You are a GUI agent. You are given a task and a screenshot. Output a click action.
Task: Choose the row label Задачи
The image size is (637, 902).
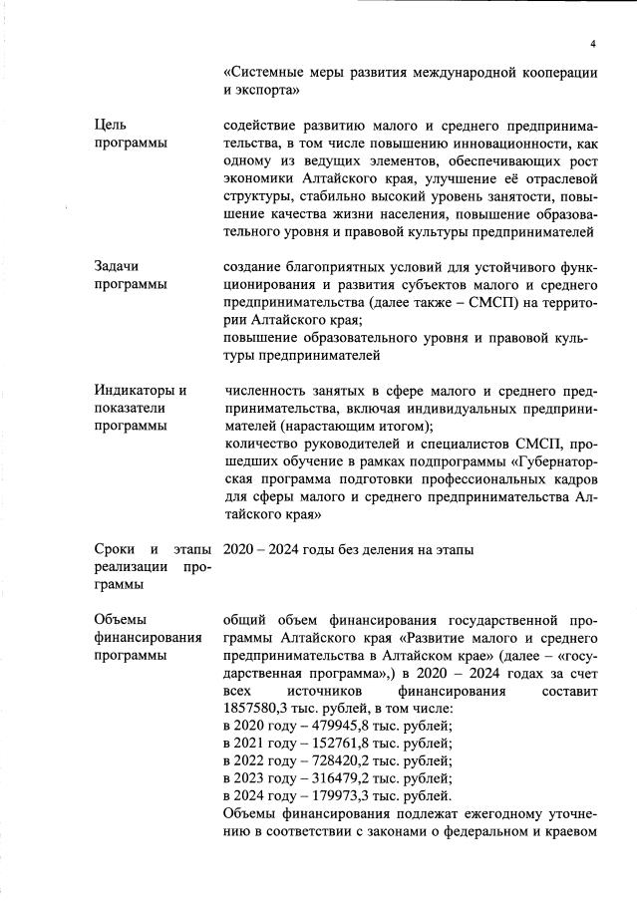pyautogui.click(x=117, y=267)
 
